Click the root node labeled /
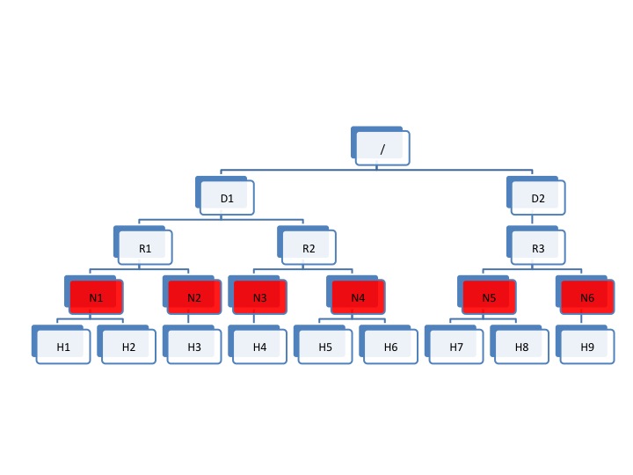coord(382,149)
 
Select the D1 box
coord(227,198)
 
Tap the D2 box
coord(538,198)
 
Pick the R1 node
coord(145,248)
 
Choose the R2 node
coord(309,248)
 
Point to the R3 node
coord(538,248)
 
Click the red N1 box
coord(96,297)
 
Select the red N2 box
coord(194,297)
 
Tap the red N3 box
coord(259,297)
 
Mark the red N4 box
coord(358,297)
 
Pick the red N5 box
coord(489,297)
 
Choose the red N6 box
coord(587,297)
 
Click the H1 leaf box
coord(63,347)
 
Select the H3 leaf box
coord(194,347)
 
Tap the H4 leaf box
coord(259,347)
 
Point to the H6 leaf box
coord(390,347)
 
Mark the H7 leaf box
coord(456,347)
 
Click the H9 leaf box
coord(587,347)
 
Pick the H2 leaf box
coord(128,347)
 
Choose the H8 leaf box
coord(521,347)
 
